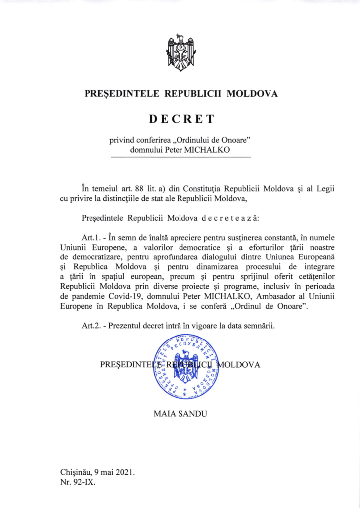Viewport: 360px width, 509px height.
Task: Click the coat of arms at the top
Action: (x=180, y=53)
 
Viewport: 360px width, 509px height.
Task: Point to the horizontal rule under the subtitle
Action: (x=180, y=158)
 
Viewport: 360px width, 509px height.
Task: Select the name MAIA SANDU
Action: (x=180, y=413)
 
